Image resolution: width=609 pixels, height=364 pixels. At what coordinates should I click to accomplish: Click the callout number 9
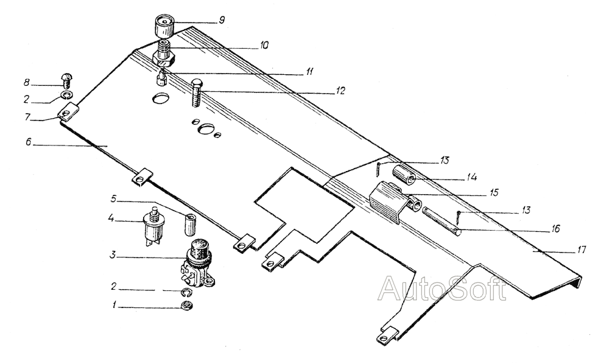coord(222,21)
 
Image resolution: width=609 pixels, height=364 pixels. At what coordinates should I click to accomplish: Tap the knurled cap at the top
coord(164,26)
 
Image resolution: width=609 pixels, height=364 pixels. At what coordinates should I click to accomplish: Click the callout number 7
coord(28,116)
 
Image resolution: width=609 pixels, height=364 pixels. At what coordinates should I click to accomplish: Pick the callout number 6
coord(29,142)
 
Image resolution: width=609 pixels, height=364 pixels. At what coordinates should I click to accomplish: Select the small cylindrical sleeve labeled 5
coord(189,224)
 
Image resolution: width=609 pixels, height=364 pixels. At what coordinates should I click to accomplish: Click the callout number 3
coord(113,256)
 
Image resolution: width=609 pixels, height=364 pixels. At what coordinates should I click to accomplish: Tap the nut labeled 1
coord(187,306)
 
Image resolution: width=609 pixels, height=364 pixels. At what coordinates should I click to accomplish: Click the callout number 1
coord(114,306)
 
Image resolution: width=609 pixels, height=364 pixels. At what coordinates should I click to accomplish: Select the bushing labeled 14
coord(405,175)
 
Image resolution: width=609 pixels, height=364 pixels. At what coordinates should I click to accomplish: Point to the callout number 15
coord(494,193)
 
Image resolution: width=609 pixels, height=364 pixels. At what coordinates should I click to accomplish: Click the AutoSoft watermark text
coord(442,289)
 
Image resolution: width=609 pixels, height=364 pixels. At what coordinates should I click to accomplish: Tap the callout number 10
coord(264,46)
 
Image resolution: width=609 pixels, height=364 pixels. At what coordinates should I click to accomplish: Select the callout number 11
coord(309,72)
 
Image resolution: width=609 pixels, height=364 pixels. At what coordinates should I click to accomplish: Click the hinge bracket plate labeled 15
coord(387,202)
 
